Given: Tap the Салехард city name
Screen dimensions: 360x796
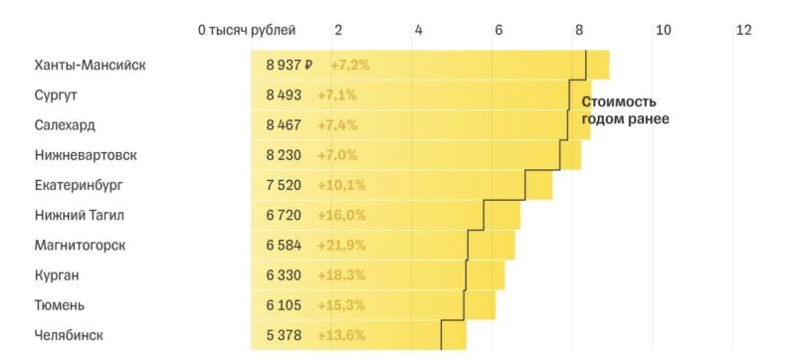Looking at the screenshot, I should coord(65,125).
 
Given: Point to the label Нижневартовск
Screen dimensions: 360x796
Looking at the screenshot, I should coord(85,155).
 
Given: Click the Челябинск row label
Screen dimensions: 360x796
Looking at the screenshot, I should coord(69,335).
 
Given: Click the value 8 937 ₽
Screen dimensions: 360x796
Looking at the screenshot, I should coord(289,66).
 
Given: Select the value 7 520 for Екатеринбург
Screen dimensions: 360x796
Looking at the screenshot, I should coord(285,185).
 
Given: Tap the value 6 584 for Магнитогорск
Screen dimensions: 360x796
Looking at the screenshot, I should coord(285,245).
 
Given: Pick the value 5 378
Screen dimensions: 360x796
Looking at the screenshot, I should coord(285,335).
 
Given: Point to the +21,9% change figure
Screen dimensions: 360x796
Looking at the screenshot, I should coord(342,245).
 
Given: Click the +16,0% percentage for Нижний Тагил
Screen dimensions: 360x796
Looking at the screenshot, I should coord(342,215).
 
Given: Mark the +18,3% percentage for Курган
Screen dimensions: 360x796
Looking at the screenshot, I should coord(342,274).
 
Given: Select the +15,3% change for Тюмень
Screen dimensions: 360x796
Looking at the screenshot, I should coord(342,305).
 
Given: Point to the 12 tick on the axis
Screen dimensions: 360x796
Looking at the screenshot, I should coord(742,30).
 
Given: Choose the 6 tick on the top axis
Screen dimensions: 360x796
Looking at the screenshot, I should coord(498,30).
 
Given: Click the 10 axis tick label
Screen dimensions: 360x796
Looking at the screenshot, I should coord(661,30).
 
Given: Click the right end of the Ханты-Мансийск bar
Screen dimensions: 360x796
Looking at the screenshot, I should coord(607,66).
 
